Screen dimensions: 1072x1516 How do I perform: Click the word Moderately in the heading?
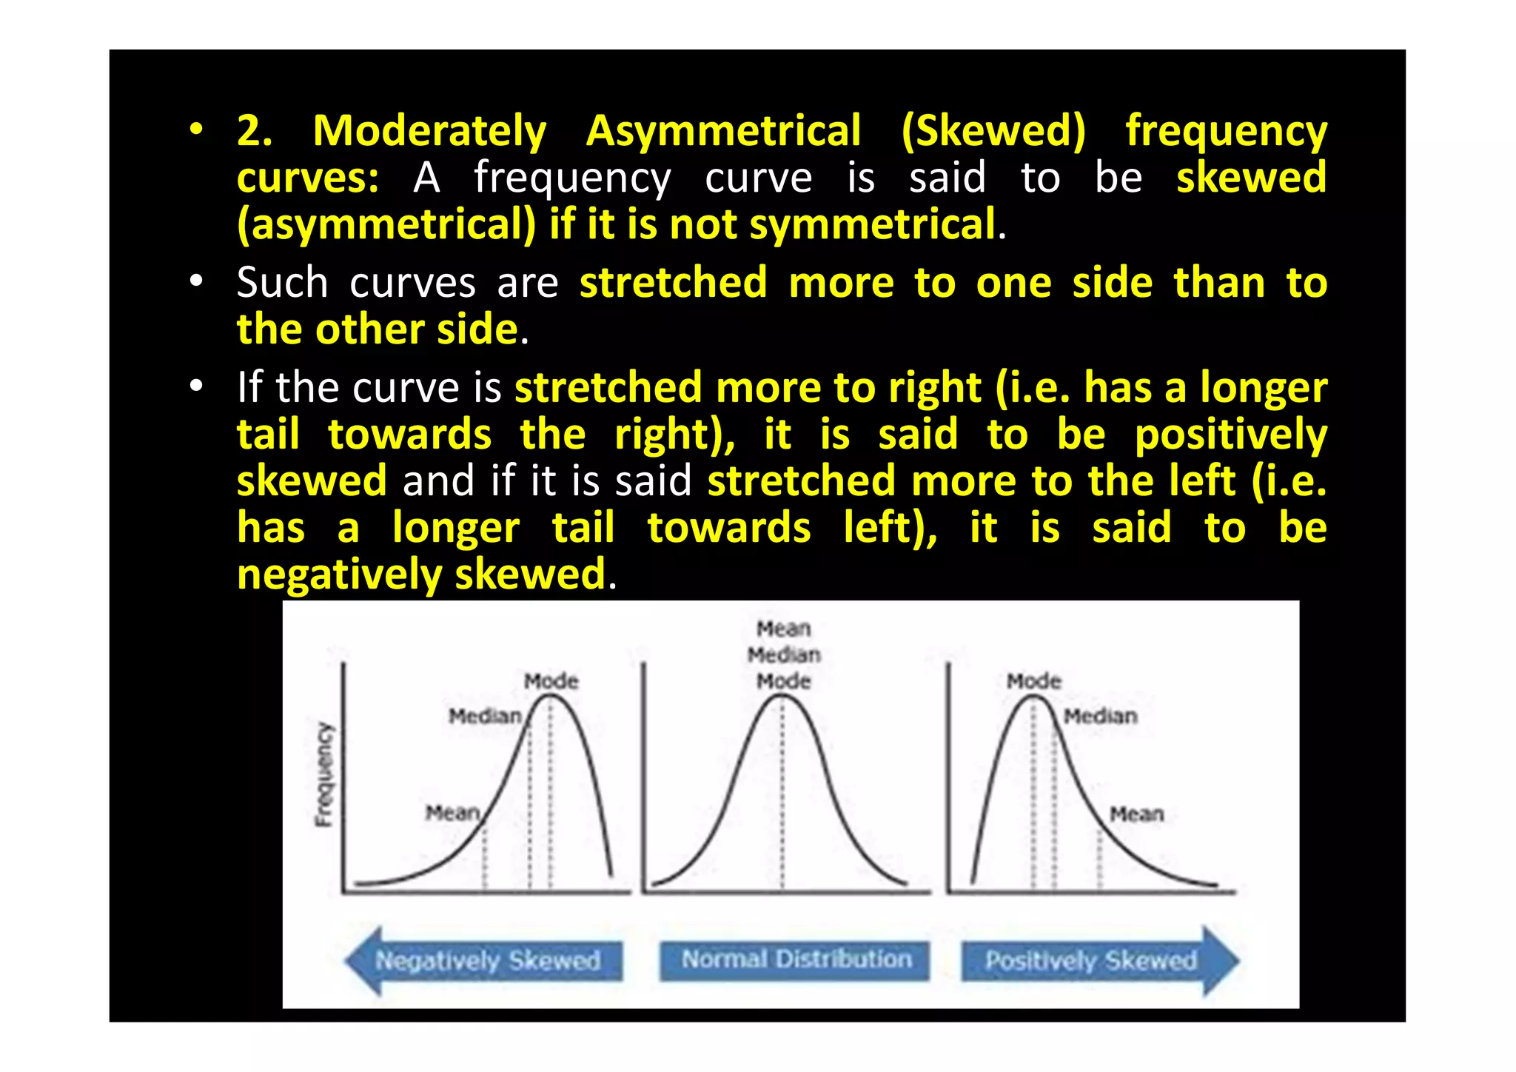pos(429,132)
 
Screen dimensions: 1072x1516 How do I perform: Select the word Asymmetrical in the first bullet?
pos(723,132)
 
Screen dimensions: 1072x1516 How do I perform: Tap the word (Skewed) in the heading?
pos(993,132)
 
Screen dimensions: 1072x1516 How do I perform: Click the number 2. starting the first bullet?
pos(255,132)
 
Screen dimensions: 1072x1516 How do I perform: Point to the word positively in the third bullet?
pos(1230,435)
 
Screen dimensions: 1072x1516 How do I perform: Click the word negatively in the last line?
pos(339,575)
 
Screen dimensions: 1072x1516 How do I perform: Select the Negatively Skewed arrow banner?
pos(485,960)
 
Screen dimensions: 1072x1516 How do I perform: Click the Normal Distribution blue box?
pos(795,960)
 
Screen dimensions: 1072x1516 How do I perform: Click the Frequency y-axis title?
pos(324,774)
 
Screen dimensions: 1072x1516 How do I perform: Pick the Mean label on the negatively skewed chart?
pos(452,813)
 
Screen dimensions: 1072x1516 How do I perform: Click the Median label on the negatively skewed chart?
pos(485,716)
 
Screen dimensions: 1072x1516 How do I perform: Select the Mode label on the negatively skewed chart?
pos(551,681)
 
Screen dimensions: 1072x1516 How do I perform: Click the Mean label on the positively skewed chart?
pos(1136,814)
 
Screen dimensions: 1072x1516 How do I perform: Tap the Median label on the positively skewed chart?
pos(1100,716)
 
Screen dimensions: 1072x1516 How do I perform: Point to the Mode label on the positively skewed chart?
pos(1033,681)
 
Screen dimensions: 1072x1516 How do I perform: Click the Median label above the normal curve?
pos(784,654)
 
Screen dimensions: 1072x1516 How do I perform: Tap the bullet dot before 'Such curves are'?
pos(195,282)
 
